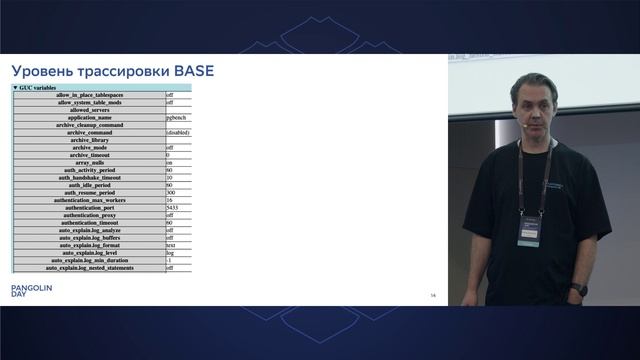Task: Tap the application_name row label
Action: click(x=95, y=117)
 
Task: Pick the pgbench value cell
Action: click(x=178, y=117)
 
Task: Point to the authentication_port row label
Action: click(x=95, y=208)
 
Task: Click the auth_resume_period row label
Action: click(x=95, y=193)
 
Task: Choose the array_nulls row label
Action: click(x=95, y=163)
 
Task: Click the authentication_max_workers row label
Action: click(x=95, y=200)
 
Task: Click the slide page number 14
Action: click(x=433, y=295)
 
